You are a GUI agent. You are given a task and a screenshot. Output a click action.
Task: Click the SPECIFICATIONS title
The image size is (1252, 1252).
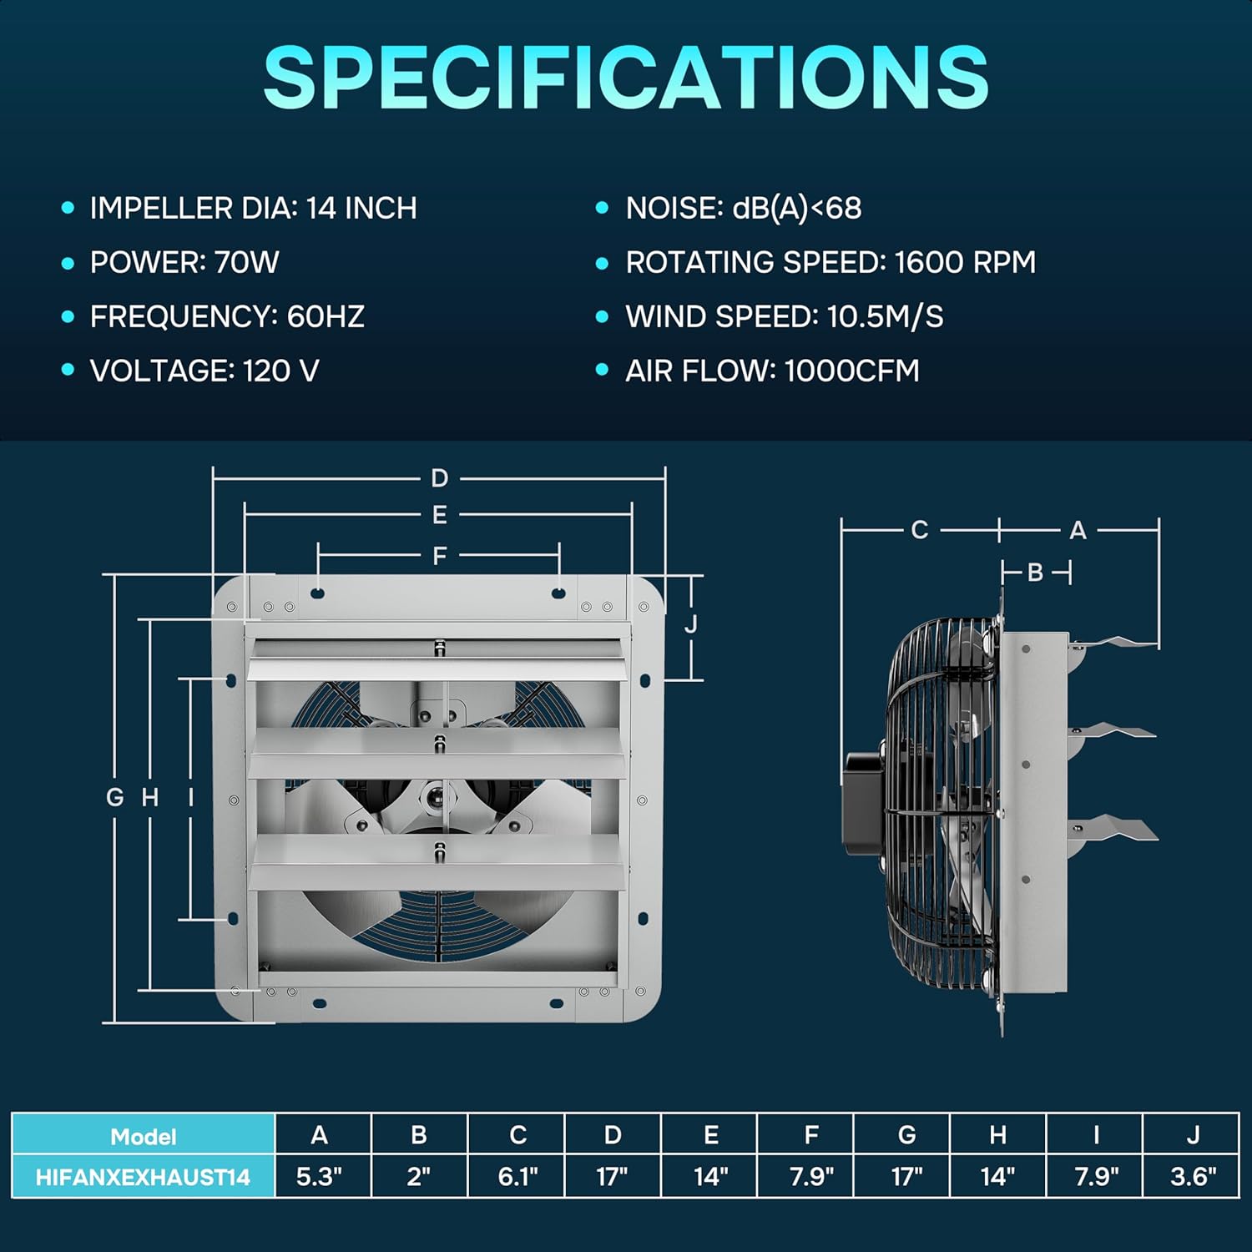[x=626, y=77]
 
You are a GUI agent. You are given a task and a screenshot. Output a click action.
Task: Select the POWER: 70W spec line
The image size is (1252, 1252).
[x=184, y=262]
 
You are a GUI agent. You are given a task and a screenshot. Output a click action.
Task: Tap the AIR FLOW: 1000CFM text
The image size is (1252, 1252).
[x=772, y=371]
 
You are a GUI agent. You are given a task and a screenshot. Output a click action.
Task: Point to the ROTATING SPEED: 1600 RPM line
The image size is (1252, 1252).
[x=830, y=262]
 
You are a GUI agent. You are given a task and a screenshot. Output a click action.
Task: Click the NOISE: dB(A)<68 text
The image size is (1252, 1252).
[x=744, y=208]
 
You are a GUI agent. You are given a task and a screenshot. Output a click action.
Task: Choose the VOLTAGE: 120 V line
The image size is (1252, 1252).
[x=204, y=371]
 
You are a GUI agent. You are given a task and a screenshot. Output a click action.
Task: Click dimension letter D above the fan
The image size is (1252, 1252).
[x=440, y=478]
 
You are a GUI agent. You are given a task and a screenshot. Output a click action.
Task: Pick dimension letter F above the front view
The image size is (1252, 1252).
[x=440, y=555]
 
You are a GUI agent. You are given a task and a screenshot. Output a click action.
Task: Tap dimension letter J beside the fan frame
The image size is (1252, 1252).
[x=691, y=624]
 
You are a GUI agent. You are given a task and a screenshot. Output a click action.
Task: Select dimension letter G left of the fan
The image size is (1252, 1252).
[x=115, y=797]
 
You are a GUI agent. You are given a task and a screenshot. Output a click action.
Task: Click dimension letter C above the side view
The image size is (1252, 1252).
[x=920, y=530]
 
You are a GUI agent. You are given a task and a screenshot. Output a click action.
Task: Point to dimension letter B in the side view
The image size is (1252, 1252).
[x=1035, y=573]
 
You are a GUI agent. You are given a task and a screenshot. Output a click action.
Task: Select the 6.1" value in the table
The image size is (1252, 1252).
[x=517, y=1177]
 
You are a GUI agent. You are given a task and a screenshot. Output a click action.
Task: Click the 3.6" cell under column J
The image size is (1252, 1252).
[x=1193, y=1177]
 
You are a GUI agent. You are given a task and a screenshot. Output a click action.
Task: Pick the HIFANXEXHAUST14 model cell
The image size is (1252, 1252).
[x=143, y=1177]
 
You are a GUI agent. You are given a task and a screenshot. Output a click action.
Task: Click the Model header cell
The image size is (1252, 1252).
[x=143, y=1135]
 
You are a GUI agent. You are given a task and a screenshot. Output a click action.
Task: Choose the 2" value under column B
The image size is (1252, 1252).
[x=419, y=1177]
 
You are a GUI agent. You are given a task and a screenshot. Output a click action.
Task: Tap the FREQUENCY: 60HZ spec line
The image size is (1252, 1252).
[x=227, y=316]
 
